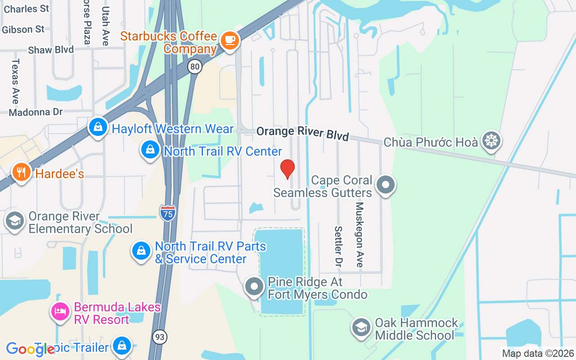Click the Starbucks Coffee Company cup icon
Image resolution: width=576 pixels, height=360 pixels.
[230, 40]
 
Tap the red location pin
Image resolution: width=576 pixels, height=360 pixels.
[288, 169]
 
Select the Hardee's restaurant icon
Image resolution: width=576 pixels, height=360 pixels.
[21, 172]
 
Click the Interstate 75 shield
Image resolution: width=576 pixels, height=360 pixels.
[166, 212]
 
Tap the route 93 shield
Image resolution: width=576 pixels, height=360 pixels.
[160, 337]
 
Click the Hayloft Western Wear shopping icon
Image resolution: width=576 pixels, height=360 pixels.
[98, 127]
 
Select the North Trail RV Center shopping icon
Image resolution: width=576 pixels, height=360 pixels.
[150, 150]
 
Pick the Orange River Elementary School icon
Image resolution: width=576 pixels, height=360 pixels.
[15, 221]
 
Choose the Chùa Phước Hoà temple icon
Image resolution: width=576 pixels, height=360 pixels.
[491, 141]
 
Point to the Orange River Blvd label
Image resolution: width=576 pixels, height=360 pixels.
[303, 133]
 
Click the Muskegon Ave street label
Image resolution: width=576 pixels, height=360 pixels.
[359, 234]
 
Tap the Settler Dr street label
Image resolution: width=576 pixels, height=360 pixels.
[338, 247]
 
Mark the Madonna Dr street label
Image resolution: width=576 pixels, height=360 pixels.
[36, 112]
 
